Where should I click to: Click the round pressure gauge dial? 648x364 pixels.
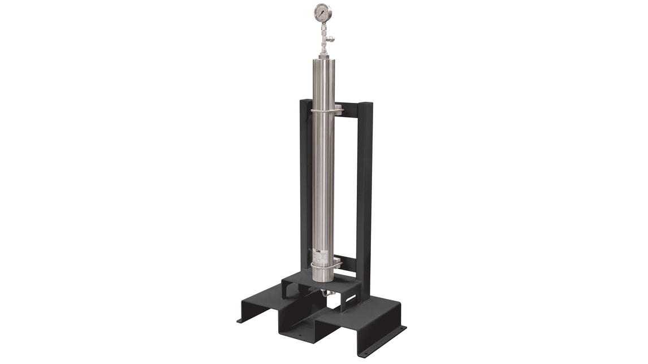point(322,12)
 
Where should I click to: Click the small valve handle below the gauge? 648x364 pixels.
point(331,39)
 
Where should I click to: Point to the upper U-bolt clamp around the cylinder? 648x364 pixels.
point(323,111)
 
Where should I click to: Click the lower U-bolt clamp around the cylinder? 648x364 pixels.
point(325,265)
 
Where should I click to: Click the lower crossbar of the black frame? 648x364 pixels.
point(346,263)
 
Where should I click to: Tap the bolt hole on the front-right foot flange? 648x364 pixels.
point(403,328)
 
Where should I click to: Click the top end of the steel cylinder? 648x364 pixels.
point(323,61)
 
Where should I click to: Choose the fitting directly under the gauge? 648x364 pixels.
point(323,25)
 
